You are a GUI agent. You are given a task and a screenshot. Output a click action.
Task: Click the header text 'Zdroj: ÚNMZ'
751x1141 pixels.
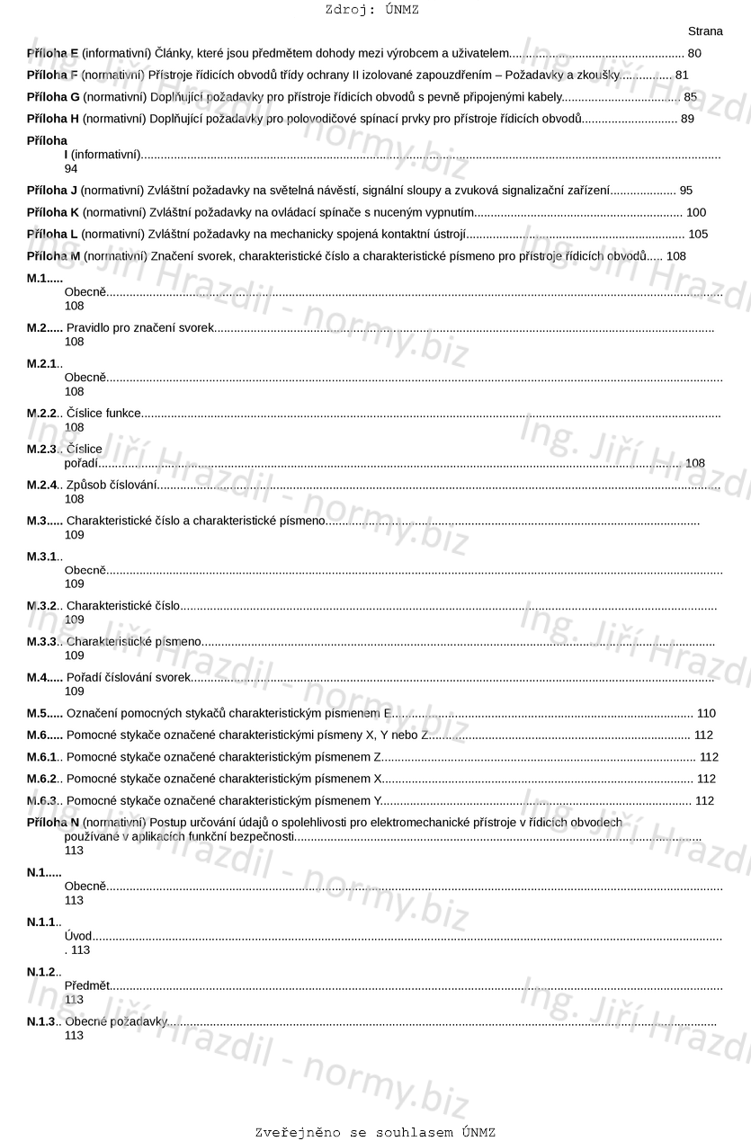tap(371, 10)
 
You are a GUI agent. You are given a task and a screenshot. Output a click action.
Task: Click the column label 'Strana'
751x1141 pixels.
tap(705, 31)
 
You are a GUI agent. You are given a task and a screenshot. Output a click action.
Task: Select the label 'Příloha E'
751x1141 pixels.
tap(52, 54)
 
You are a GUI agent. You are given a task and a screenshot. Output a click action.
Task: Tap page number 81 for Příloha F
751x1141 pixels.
tap(682, 76)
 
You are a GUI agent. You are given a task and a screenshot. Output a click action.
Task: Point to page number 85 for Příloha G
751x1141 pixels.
tap(690, 97)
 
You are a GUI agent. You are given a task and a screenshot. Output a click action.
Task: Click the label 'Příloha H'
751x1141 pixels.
tap(53, 119)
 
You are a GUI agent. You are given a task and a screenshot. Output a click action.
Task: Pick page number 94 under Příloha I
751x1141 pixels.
tap(71, 169)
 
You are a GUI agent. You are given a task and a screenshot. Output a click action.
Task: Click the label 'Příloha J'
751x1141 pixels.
tap(52, 191)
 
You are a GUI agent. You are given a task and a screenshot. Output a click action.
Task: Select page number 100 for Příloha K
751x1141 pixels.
tap(696, 213)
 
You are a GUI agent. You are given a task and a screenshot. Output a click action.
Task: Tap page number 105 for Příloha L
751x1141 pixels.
tap(698, 235)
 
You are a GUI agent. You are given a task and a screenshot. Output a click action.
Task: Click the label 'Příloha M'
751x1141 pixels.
tap(53, 256)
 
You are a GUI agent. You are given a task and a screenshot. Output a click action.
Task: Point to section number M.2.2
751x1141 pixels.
tap(42, 414)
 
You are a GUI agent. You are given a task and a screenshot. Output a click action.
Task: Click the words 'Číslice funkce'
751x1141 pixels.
tap(103, 414)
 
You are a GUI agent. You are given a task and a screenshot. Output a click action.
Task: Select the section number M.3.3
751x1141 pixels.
tap(42, 642)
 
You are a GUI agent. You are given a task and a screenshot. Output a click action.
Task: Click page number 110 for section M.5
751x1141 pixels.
tap(706, 714)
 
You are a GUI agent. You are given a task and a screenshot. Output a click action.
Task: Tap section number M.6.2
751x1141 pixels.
tap(42, 779)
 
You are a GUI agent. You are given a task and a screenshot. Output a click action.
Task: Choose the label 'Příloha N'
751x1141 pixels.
tap(53, 823)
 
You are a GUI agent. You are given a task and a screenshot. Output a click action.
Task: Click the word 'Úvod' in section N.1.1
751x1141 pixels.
tap(78, 937)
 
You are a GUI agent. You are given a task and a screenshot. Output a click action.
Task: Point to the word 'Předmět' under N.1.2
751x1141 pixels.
tap(86, 986)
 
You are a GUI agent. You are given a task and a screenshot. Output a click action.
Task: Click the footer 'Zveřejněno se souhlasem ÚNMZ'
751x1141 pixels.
tap(375, 1133)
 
